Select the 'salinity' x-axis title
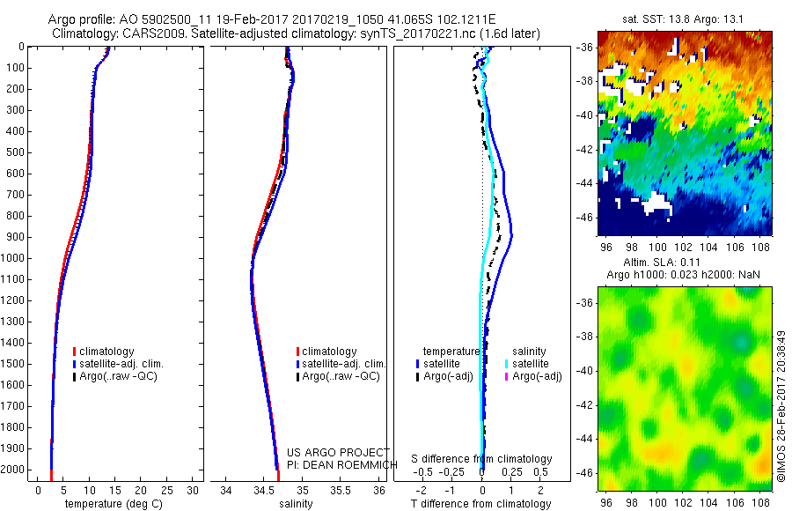click(297, 505)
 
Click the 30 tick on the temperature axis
click(193, 491)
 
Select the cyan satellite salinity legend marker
click(508, 364)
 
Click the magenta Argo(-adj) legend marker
click(508, 376)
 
